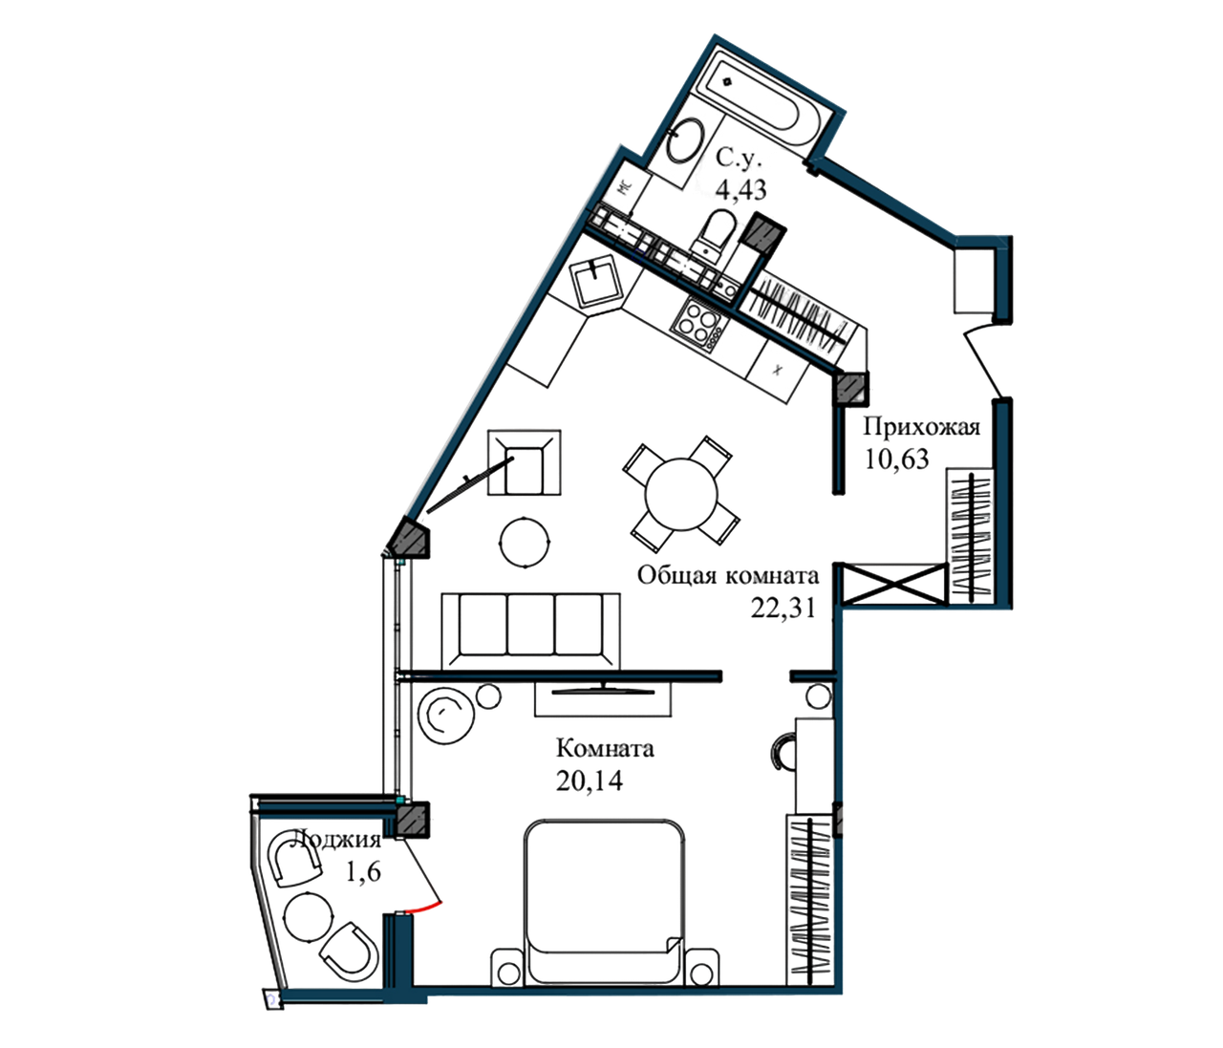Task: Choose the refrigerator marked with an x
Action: [x=778, y=367]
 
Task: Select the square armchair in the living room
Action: [x=523, y=462]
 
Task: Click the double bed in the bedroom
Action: [x=602, y=893]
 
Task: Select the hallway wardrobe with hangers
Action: [x=969, y=535]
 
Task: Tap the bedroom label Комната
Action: [x=604, y=747]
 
